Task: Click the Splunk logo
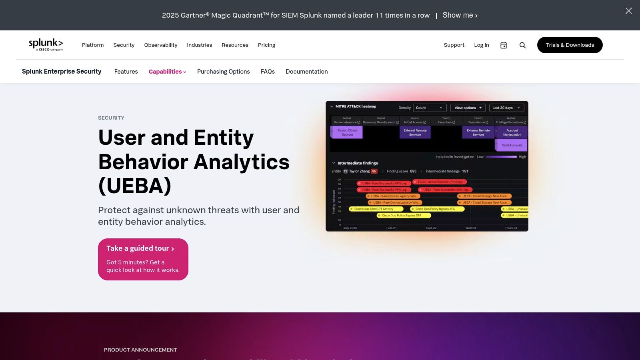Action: coord(46,44)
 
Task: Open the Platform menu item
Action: coord(93,45)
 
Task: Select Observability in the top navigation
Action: coord(160,45)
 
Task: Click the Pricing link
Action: coord(266,45)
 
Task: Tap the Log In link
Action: coord(481,45)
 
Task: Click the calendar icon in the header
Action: coord(504,45)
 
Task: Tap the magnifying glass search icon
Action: coord(522,45)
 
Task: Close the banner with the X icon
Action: coord(628,11)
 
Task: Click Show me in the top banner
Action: coord(460,15)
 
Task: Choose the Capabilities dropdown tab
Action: coord(167,72)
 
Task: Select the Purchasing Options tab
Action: coord(223,72)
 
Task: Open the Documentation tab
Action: coord(306,72)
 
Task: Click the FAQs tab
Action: coord(268,72)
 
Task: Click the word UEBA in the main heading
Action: coord(135,186)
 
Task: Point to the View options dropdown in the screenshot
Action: coord(468,108)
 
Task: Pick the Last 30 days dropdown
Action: coord(506,108)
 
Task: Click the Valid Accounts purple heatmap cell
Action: coord(512,145)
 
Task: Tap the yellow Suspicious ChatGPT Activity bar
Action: coord(374,209)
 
